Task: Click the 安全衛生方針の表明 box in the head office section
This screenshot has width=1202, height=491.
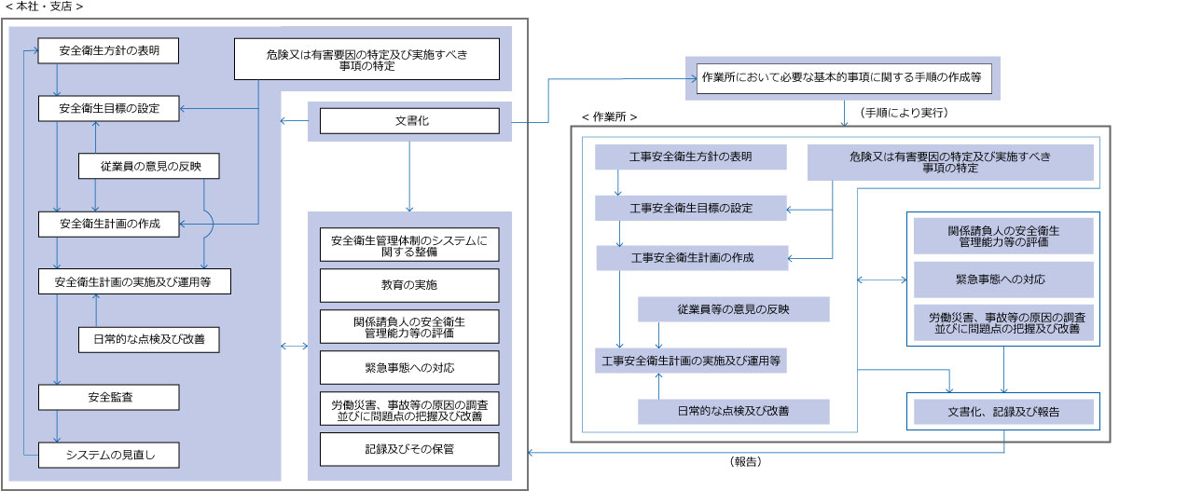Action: pyautogui.click(x=108, y=51)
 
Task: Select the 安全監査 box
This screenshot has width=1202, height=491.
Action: pyautogui.click(x=108, y=398)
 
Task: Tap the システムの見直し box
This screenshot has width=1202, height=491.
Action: pyautogui.click(x=108, y=456)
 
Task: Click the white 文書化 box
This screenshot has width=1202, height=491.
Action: pyautogui.click(x=410, y=121)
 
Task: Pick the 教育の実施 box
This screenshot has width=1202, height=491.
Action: pyautogui.click(x=408, y=285)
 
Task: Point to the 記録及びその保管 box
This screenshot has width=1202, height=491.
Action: pyautogui.click(x=408, y=449)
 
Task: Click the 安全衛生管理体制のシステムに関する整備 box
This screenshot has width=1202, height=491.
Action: pyautogui.click(x=408, y=245)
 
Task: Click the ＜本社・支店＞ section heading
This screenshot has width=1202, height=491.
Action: pyautogui.click(x=44, y=7)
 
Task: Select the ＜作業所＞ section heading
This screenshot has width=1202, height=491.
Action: pyautogui.click(x=609, y=117)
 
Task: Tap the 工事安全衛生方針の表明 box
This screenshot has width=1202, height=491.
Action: pyautogui.click(x=691, y=157)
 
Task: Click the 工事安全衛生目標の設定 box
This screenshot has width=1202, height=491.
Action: pyautogui.click(x=691, y=208)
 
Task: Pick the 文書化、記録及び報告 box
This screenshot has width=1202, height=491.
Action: pyautogui.click(x=1003, y=411)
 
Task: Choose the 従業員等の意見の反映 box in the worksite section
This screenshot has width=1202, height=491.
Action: pyautogui.click(x=733, y=309)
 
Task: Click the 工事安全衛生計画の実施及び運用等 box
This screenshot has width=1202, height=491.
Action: pyautogui.click(x=691, y=360)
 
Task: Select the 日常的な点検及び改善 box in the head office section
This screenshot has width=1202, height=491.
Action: pyautogui.click(x=149, y=340)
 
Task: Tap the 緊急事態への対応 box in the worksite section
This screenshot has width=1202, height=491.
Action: pyautogui.click(x=1003, y=280)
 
